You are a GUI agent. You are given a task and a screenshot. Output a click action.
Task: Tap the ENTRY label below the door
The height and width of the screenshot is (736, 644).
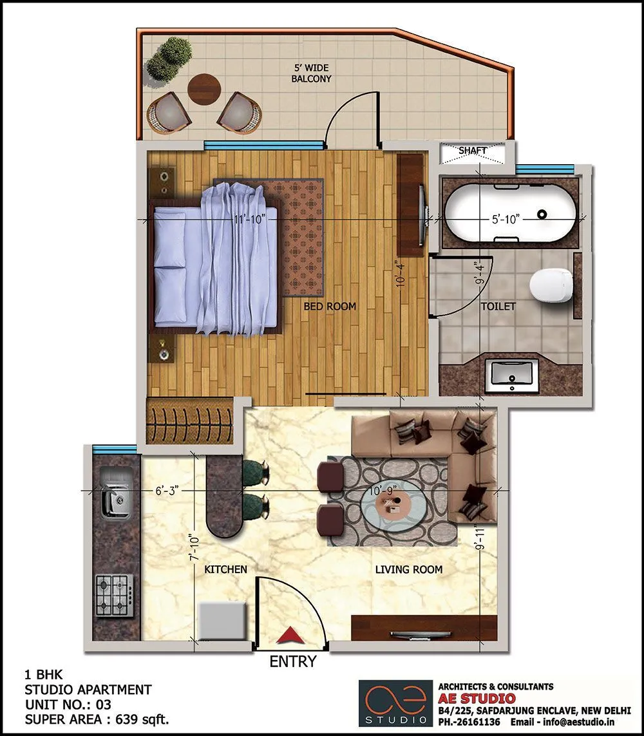(x=293, y=661)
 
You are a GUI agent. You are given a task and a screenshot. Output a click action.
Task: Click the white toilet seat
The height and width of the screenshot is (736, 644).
(x=551, y=285)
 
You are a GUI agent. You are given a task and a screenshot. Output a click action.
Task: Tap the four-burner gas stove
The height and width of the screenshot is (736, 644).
(x=115, y=594)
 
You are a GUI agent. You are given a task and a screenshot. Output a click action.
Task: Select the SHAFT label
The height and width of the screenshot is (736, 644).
(x=473, y=151)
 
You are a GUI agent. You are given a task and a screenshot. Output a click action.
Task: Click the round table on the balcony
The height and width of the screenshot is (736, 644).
(x=204, y=89)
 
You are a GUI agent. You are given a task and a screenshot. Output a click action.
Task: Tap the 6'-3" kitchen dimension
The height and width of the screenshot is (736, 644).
(x=167, y=491)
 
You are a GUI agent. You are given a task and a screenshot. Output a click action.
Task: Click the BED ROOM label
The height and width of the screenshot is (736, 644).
(x=330, y=307)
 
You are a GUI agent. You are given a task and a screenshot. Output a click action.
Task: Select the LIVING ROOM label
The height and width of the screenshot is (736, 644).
(x=409, y=569)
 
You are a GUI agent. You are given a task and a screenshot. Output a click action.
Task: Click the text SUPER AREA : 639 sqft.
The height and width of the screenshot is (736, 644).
(x=97, y=719)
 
